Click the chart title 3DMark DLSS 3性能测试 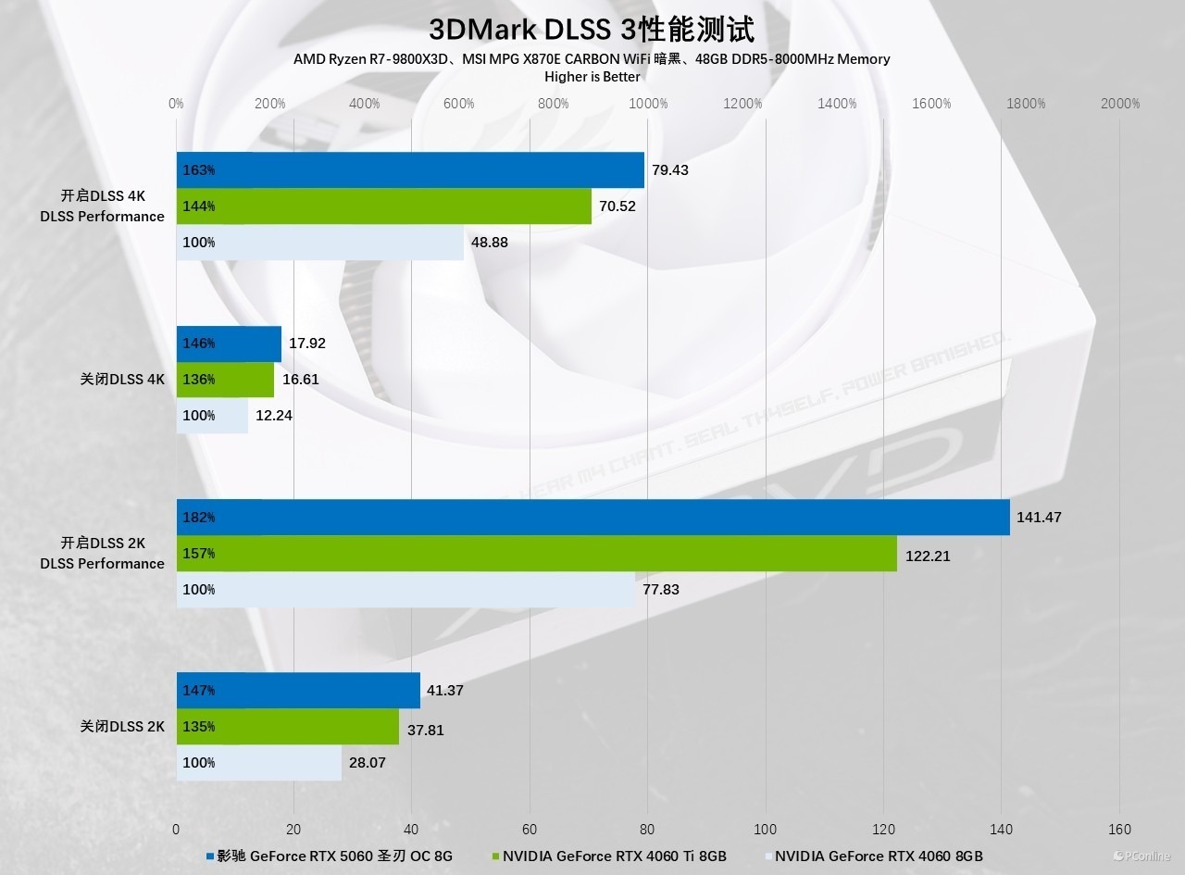pyautogui.click(x=592, y=30)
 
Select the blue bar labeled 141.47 pyautogui.click(x=592, y=518)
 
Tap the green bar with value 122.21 pyautogui.click(x=537, y=554)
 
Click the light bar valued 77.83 pyautogui.click(x=407, y=590)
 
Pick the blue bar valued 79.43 pyautogui.click(x=410, y=170)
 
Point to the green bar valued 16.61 pyautogui.click(x=225, y=380)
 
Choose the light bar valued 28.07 pyautogui.click(x=259, y=763)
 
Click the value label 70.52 pyautogui.click(x=617, y=206)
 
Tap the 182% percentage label pyautogui.click(x=199, y=518)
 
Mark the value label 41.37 pyautogui.click(x=445, y=691)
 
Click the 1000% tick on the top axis pyautogui.click(x=648, y=104)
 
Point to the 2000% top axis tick pyautogui.click(x=1120, y=104)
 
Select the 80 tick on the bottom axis pyautogui.click(x=648, y=829)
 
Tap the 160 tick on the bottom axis pyautogui.click(x=1119, y=829)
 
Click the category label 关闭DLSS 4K pyautogui.click(x=122, y=379)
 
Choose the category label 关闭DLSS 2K pyautogui.click(x=122, y=727)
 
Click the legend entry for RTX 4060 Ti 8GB pyautogui.click(x=611, y=856)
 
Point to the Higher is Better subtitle pyautogui.click(x=592, y=77)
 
